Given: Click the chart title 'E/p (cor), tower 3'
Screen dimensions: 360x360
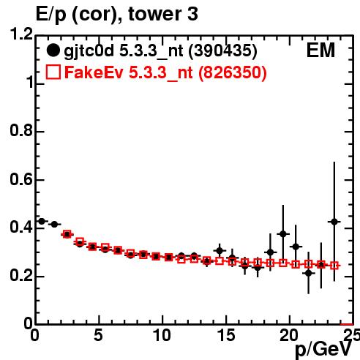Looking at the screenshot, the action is (117, 15).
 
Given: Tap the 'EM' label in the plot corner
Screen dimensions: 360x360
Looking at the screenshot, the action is (320, 50).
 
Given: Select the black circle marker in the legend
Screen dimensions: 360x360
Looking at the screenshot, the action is (53, 50).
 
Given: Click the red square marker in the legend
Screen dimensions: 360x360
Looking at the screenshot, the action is (53, 72).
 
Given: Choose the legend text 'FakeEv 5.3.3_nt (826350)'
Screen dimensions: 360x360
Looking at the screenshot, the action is (165, 72).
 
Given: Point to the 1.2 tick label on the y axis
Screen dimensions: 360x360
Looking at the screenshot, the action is (21, 34).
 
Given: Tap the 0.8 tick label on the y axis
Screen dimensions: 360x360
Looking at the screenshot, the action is (21, 131).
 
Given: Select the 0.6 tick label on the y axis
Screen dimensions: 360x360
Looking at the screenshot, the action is (21, 179).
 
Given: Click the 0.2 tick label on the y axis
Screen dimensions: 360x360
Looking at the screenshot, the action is (21, 276).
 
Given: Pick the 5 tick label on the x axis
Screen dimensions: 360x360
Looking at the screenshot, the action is (98, 335).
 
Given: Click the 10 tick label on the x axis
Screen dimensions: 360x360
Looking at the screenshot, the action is (162, 335).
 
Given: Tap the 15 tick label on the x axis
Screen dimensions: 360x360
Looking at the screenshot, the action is (226, 335).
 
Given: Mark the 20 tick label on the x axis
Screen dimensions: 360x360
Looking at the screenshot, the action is (289, 335).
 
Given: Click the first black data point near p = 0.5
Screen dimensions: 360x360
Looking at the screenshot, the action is (42, 222).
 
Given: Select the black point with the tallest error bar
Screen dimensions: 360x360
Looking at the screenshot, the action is (334, 222).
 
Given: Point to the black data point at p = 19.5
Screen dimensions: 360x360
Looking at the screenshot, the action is (283, 234).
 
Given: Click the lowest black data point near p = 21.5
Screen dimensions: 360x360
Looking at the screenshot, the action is (309, 274).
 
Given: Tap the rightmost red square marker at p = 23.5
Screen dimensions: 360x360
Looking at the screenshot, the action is (334, 266).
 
